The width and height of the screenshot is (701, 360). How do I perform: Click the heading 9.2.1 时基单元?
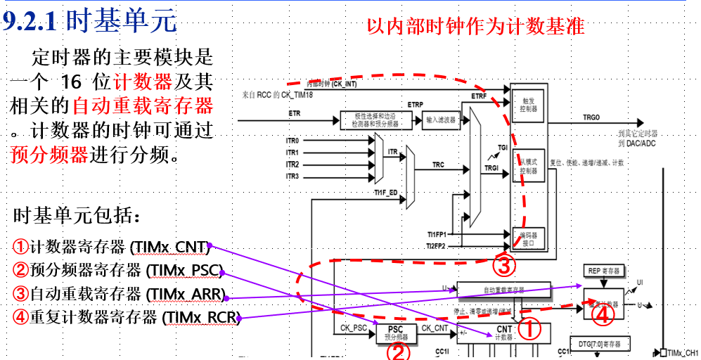(x=90, y=22)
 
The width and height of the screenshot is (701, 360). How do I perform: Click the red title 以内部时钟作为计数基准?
(x=475, y=26)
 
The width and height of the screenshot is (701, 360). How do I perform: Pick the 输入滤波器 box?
(x=440, y=120)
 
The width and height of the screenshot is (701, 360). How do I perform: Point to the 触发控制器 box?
(x=529, y=105)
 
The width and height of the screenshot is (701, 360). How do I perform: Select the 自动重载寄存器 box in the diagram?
(x=504, y=289)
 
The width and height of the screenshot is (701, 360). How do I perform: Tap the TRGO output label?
(x=591, y=117)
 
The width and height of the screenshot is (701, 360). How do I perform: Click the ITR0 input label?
(x=292, y=141)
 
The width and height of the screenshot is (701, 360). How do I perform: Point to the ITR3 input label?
(x=292, y=176)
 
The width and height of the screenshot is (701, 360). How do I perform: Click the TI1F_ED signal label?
(x=386, y=191)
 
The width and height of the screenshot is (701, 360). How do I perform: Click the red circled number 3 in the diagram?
(x=505, y=266)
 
